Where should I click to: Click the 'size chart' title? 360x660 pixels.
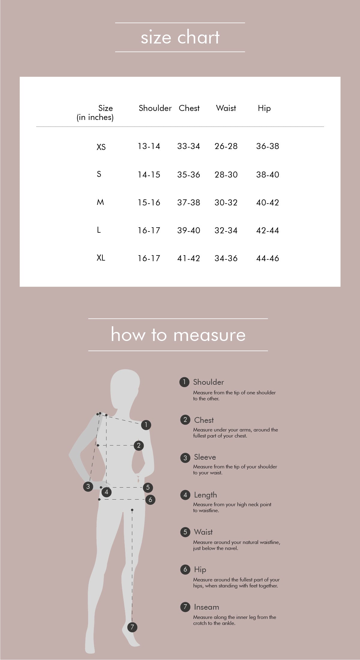[180, 37]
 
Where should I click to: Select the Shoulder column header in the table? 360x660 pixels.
[155, 108]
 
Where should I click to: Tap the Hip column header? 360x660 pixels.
[264, 108]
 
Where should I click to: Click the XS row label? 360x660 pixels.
[101, 147]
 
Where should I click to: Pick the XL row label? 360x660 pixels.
[101, 258]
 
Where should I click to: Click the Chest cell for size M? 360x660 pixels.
[189, 202]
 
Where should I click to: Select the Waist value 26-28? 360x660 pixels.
[226, 146]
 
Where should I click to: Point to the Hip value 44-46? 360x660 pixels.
[268, 258]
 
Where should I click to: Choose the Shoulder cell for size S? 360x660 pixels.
[149, 175]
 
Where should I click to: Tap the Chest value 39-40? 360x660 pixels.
[189, 230]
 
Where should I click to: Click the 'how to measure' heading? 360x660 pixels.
[178, 334]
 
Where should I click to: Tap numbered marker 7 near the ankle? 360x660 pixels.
[132, 627]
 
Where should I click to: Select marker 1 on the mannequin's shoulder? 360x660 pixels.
[146, 425]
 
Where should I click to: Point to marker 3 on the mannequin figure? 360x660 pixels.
[88, 486]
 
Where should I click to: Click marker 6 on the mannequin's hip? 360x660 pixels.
[150, 500]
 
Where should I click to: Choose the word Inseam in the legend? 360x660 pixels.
[207, 607]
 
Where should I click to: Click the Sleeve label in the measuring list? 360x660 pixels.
[205, 457]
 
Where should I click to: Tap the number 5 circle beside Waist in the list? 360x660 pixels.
[185, 532]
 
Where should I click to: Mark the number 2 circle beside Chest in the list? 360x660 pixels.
[185, 420]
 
